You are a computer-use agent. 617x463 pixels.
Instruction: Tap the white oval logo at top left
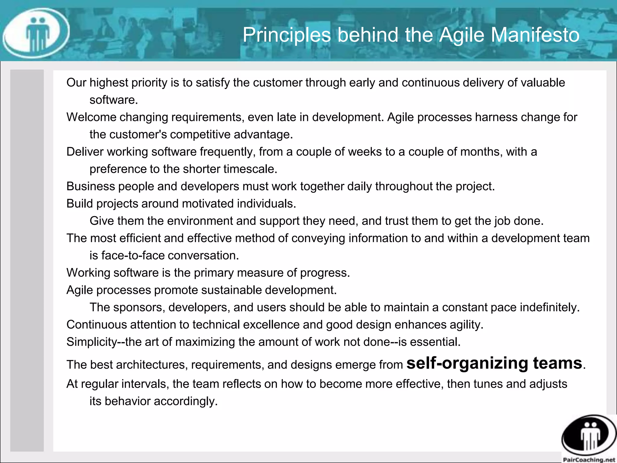pyautogui.click(x=36, y=33)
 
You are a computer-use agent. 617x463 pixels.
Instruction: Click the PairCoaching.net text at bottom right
pyautogui.click(x=589, y=460)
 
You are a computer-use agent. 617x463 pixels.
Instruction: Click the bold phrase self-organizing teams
pyautogui.click(x=494, y=363)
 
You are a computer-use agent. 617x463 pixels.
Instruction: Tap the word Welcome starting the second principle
pyautogui.click(x=91, y=117)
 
